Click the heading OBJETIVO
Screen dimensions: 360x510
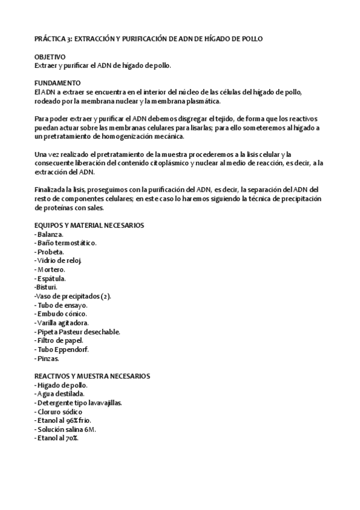pyautogui.click(x=50, y=57)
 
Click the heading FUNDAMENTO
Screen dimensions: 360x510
pyautogui.click(x=56, y=82)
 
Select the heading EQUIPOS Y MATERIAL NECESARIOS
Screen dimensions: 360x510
pyautogui.click(x=89, y=225)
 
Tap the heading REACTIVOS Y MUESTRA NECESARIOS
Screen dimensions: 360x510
pyautogui.click(x=92, y=376)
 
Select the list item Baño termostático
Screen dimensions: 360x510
pyautogui.click(x=66, y=243)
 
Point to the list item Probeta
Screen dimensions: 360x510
pyautogui.click(x=49, y=251)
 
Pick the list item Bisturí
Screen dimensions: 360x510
pyautogui.click(x=46, y=287)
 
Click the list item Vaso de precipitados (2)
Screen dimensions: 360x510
pyautogui.click(x=73, y=296)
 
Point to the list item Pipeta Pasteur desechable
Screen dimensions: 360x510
pyautogui.click(x=78, y=332)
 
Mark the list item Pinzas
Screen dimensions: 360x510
pyautogui.click(x=47, y=358)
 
